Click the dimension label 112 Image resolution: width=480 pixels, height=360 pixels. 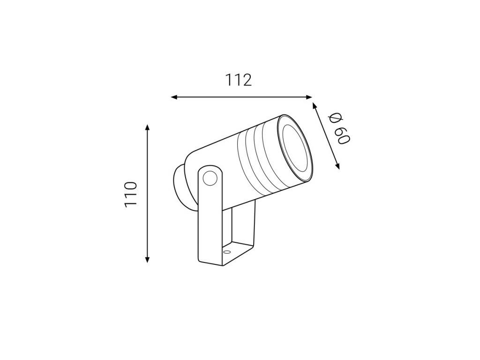[x=239, y=80]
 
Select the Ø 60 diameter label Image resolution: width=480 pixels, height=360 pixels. [x=339, y=128]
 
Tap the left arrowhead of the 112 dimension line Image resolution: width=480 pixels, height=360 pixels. [x=174, y=97]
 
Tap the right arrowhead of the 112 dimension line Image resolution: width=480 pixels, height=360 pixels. [x=308, y=97]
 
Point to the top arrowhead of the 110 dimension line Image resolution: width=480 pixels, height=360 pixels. [x=148, y=127]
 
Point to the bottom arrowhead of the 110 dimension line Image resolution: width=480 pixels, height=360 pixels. [x=148, y=259]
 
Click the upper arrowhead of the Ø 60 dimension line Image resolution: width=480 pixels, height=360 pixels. [x=314, y=106]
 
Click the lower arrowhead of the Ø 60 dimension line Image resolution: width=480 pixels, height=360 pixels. [x=337, y=165]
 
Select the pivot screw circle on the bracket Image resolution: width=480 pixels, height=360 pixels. [x=210, y=178]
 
